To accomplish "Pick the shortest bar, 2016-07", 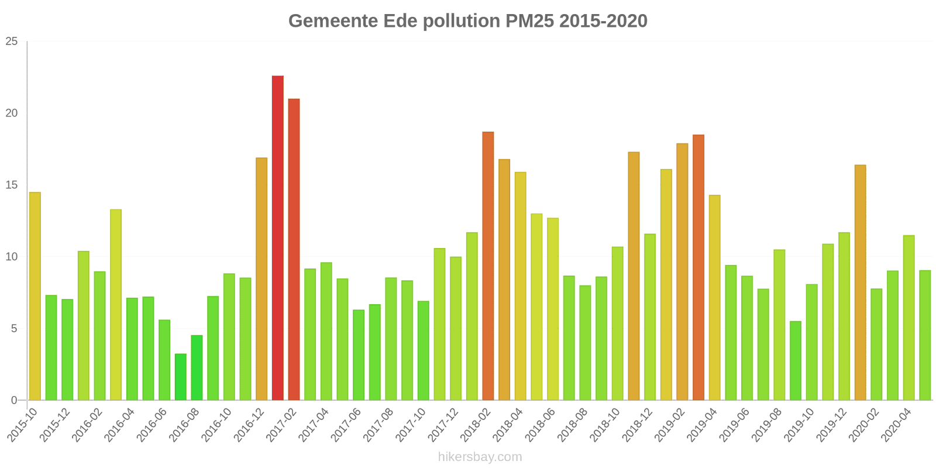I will click(x=181, y=377).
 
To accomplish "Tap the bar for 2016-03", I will click(x=116, y=305).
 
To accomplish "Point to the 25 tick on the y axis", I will click(x=12, y=42).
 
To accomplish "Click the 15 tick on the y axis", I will click(x=12, y=185).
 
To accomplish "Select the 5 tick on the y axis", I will click(x=15, y=329).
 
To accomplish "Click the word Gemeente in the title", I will click(x=333, y=21).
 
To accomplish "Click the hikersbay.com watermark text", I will click(x=480, y=457).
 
